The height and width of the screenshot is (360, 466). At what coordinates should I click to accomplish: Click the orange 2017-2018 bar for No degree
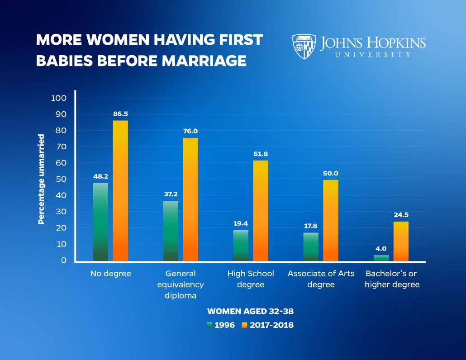click(120, 190)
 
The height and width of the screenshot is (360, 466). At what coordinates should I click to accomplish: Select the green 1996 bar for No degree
click(100, 222)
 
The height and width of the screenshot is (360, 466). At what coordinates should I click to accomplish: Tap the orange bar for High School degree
click(261, 211)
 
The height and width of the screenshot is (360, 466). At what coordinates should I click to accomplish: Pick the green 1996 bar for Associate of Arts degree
click(311, 246)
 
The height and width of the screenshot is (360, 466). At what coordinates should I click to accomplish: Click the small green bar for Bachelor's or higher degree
click(381, 258)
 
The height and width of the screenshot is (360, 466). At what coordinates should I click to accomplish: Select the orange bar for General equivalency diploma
click(190, 199)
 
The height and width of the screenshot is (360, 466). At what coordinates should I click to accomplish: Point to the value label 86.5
click(120, 114)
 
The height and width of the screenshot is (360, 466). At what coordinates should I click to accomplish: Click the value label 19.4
click(240, 223)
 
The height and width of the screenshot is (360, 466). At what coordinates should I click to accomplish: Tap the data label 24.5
click(401, 215)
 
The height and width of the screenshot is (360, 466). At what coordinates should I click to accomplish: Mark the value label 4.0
click(381, 249)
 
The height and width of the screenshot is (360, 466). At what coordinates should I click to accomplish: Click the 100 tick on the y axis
click(59, 98)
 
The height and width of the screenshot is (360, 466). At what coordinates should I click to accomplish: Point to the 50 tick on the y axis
click(62, 179)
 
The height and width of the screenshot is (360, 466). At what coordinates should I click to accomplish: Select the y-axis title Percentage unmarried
click(41, 179)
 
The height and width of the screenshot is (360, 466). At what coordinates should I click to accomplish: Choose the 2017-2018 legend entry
click(268, 325)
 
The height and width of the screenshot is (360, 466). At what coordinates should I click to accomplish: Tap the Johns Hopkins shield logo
click(304, 47)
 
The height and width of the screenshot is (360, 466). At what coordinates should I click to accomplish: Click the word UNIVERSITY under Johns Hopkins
click(373, 55)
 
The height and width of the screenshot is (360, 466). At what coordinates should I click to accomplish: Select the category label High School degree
click(251, 279)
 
